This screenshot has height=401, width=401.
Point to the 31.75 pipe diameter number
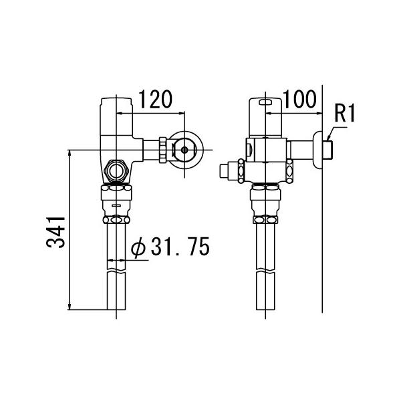(x=179, y=248)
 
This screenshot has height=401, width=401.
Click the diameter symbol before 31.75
(x=138, y=248)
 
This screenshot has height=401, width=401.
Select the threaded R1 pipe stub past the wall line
(x=328, y=149)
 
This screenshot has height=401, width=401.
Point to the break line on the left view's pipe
(x=118, y=271)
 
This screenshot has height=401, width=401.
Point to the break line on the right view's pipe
(x=266, y=271)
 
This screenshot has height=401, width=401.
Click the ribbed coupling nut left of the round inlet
(x=162, y=150)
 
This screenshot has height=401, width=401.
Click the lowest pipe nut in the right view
(x=266, y=220)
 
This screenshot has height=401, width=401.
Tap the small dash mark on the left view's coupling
(x=118, y=205)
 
